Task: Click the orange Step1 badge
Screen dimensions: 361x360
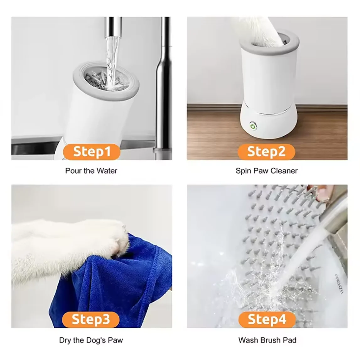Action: coord(92,152)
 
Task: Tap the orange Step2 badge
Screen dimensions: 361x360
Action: coord(266,152)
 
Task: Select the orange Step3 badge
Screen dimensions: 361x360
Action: coord(91,319)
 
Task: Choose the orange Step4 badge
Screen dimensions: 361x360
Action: coord(267,319)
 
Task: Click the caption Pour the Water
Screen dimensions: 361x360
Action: coord(91,171)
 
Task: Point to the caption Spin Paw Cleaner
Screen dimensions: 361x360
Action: coord(266,171)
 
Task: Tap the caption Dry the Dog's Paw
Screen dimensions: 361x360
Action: coord(91,340)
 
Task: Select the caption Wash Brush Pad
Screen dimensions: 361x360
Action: coord(267,340)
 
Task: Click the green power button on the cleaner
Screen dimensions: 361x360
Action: coord(253,126)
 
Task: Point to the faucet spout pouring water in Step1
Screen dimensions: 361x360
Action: coord(113,27)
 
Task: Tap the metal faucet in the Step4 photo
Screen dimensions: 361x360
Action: coord(336,217)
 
